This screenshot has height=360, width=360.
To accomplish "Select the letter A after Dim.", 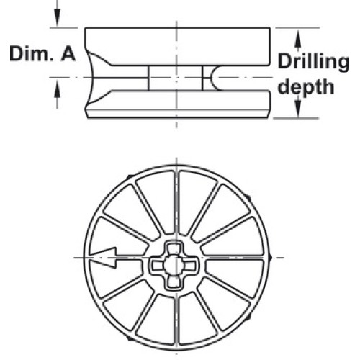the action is [68, 54].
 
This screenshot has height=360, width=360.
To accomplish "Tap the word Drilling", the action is [313, 62].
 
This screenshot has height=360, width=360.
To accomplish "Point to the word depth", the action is [306, 87].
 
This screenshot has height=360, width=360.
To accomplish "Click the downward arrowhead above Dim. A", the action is [57, 17].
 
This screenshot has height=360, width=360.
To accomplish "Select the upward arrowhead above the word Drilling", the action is [297, 38].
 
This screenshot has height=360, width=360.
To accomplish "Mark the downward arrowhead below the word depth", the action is [297, 108].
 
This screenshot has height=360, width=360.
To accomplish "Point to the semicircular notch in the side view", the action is [216, 78].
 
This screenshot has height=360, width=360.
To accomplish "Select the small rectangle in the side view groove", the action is [176, 78].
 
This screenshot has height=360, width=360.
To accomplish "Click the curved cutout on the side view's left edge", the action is [96, 78].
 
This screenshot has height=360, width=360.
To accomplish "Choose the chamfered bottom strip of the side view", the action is [177, 114].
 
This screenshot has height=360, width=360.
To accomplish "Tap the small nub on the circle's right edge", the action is [270, 258].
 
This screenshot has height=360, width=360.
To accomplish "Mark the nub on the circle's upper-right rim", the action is [248, 198].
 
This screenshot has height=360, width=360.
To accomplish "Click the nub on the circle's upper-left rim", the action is [130, 176].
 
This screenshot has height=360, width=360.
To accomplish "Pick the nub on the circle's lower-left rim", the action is [130, 338].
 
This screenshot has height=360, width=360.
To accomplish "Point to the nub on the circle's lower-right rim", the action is [248, 318].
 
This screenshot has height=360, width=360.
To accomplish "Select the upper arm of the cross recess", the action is [174, 248].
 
